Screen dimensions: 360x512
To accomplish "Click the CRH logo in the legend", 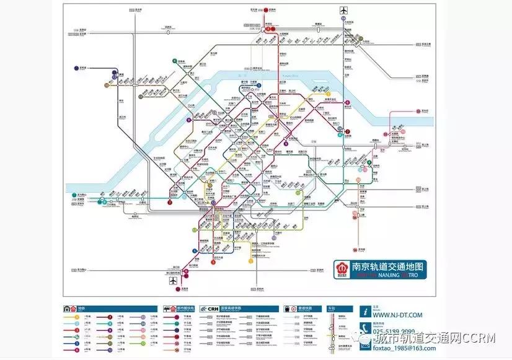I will pyautogui.click(x=213, y=308).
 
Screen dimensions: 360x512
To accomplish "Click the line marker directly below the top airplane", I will pyautogui.click(x=342, y=19).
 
